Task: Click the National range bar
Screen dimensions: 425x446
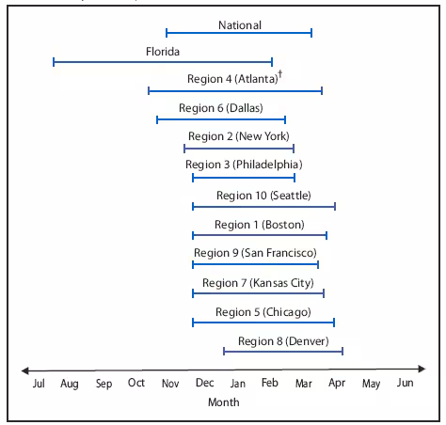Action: click(x=239, y=33)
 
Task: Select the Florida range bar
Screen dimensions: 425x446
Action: click(x=163, y=62)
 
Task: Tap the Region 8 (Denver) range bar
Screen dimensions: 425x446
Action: click(x=283, y=351)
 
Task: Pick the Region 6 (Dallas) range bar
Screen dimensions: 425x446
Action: click(x=221, y=119)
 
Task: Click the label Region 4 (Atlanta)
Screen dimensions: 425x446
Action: click(x=231, y=80)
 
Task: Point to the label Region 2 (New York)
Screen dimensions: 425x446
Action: click(x=238, y=136)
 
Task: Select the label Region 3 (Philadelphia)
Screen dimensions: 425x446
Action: click(x=244, y=165)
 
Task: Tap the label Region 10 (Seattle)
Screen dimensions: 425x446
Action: click(x=263, y=196)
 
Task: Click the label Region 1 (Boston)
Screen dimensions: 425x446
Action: click(x=260, y=225)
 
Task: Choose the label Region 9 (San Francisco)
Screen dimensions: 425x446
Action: click(x=255, y=254)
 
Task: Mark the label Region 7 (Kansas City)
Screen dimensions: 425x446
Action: click(x=257, y=283)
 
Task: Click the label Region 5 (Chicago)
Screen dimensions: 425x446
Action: click(x=263, y=312)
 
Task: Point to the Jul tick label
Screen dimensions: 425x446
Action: click(x=39, y=384)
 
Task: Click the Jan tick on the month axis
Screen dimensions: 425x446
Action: click(x=238, y=384)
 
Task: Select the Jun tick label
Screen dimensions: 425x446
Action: click(x=405, y=384)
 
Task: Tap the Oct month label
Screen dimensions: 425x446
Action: click(x=137, y=384)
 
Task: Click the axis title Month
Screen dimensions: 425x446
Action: click(x=224, y=402)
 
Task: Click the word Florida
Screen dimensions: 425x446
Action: click(x=163, y=51)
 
